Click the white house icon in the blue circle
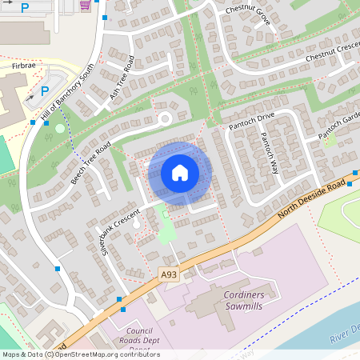180,172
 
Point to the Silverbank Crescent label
120,231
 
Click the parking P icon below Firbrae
44,90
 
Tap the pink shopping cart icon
86,6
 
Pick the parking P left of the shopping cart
25,7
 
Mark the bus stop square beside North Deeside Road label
354,173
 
